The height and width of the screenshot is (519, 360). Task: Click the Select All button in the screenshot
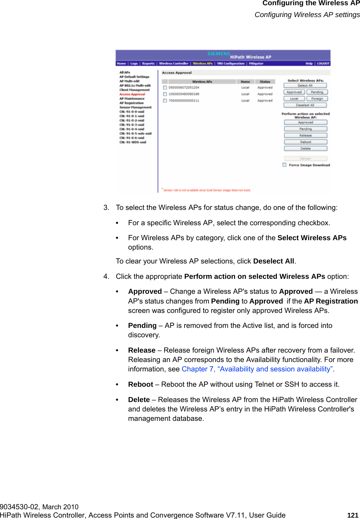[305, 85]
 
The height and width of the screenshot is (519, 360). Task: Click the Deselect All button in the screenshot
[305, 105]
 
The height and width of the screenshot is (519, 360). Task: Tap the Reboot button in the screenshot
[305, 142]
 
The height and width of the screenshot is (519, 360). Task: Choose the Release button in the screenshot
[305, 135]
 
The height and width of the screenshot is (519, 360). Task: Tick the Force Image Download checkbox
[284, 165]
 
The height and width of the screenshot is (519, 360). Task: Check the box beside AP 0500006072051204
[165, 87]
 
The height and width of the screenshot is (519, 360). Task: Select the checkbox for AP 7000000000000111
[165, 101]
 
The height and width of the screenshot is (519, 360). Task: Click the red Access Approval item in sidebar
[132, 94]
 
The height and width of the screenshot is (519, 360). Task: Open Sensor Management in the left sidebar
[135, 107]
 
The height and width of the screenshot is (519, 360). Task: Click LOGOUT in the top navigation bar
[323, 63]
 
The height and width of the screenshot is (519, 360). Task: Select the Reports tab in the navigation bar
[148, 63]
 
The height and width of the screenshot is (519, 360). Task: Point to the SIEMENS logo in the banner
[218, 54]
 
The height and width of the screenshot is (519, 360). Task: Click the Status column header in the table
[265, 81]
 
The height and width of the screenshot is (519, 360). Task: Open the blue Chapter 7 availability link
[257, 369]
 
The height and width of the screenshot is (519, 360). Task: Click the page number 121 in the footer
[353, 515]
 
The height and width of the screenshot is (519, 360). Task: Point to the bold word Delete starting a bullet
[139, 400]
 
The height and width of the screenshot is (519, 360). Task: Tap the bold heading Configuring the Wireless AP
[311, 3]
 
